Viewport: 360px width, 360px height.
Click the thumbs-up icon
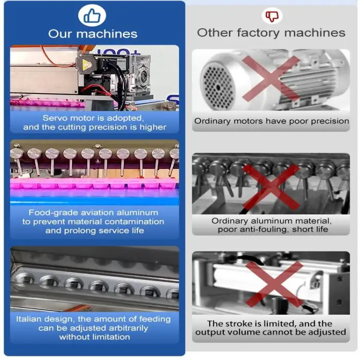pos(92,15)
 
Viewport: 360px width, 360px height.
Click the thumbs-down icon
pos(272,16)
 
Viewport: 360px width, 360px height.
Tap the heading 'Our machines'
pos(93,34)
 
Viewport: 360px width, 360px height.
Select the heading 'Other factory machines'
pos(271,32)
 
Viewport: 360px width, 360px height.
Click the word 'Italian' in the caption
pos(29,319)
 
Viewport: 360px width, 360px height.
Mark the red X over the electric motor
pos(271,78)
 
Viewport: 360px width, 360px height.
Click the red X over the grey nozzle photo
pos(271,187)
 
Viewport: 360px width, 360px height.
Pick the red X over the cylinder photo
pos(274,284)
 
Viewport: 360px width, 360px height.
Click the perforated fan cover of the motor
pos(218,87)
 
